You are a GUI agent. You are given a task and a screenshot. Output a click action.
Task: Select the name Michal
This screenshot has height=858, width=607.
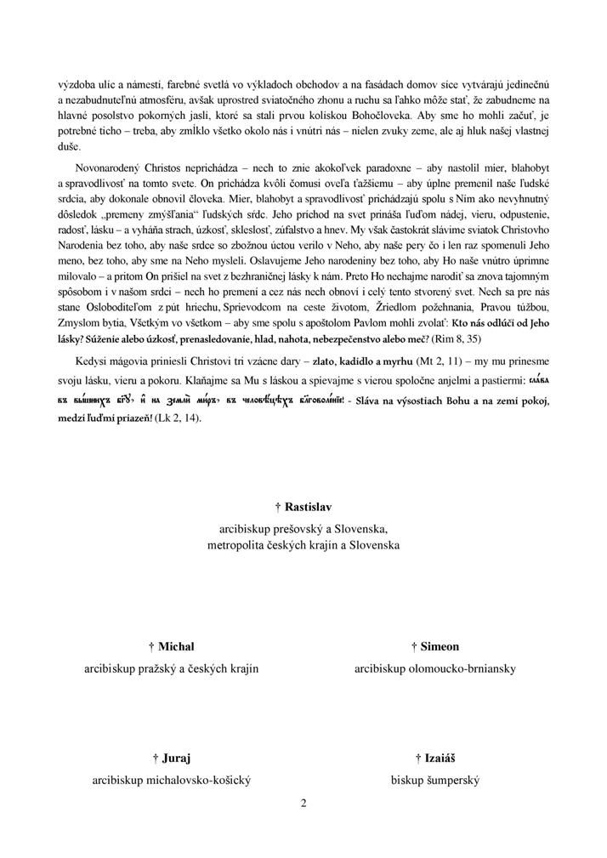177,647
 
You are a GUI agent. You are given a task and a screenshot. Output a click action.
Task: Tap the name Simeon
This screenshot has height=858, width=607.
440,647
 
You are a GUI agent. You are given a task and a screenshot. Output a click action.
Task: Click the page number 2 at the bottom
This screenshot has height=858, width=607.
303,802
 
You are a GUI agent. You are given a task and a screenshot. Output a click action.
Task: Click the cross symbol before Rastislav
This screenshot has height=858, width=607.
278,508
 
